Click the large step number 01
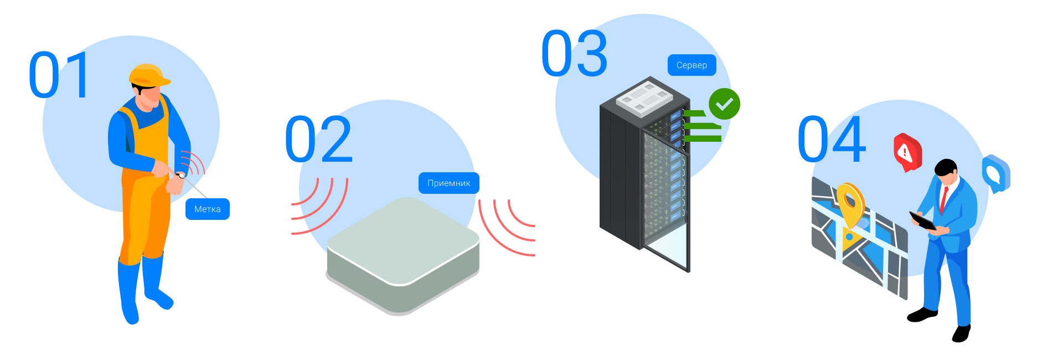pos(59,75)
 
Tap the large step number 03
pos(574,54)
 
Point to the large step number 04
pos(831,140)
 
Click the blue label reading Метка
pos(207,209)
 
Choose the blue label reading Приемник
pos(448,183)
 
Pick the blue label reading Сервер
pos(692,65)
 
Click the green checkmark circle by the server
pos(724,104)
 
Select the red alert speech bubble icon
pos(907,151)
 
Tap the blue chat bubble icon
pos(995,173)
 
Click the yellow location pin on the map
pos(850,203)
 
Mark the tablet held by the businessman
pos(922,220)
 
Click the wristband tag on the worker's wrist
pos(180,175)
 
